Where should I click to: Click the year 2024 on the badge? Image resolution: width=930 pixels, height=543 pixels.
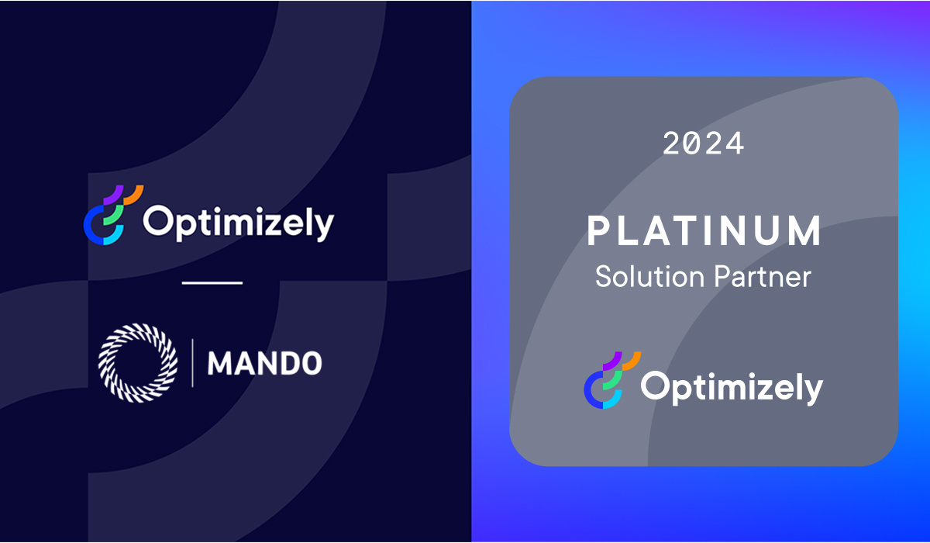coord(703,144)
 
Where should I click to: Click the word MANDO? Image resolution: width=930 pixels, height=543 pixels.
coord(264,363)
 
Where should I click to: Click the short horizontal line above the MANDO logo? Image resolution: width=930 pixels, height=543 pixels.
coord(212,282)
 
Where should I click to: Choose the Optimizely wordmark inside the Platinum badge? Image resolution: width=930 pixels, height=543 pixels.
coord(732,387)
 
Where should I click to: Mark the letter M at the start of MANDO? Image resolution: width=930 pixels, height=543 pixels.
coord(219,363)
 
